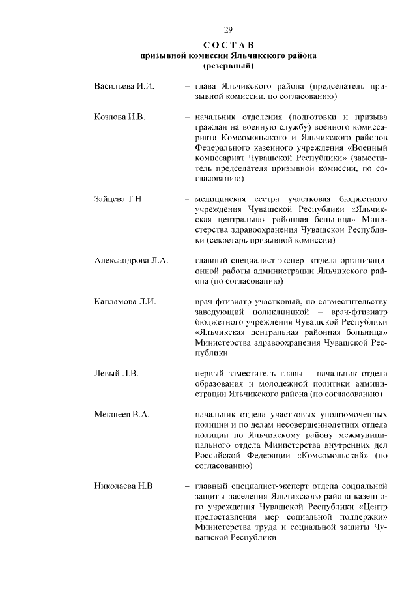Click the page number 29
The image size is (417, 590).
tap(228, 29)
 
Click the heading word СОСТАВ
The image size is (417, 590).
tap(228, 45)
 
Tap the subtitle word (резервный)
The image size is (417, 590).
tap(228, 66)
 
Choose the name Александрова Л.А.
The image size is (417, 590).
tap(131, 260)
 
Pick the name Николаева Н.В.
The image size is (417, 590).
tap(124, 486)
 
